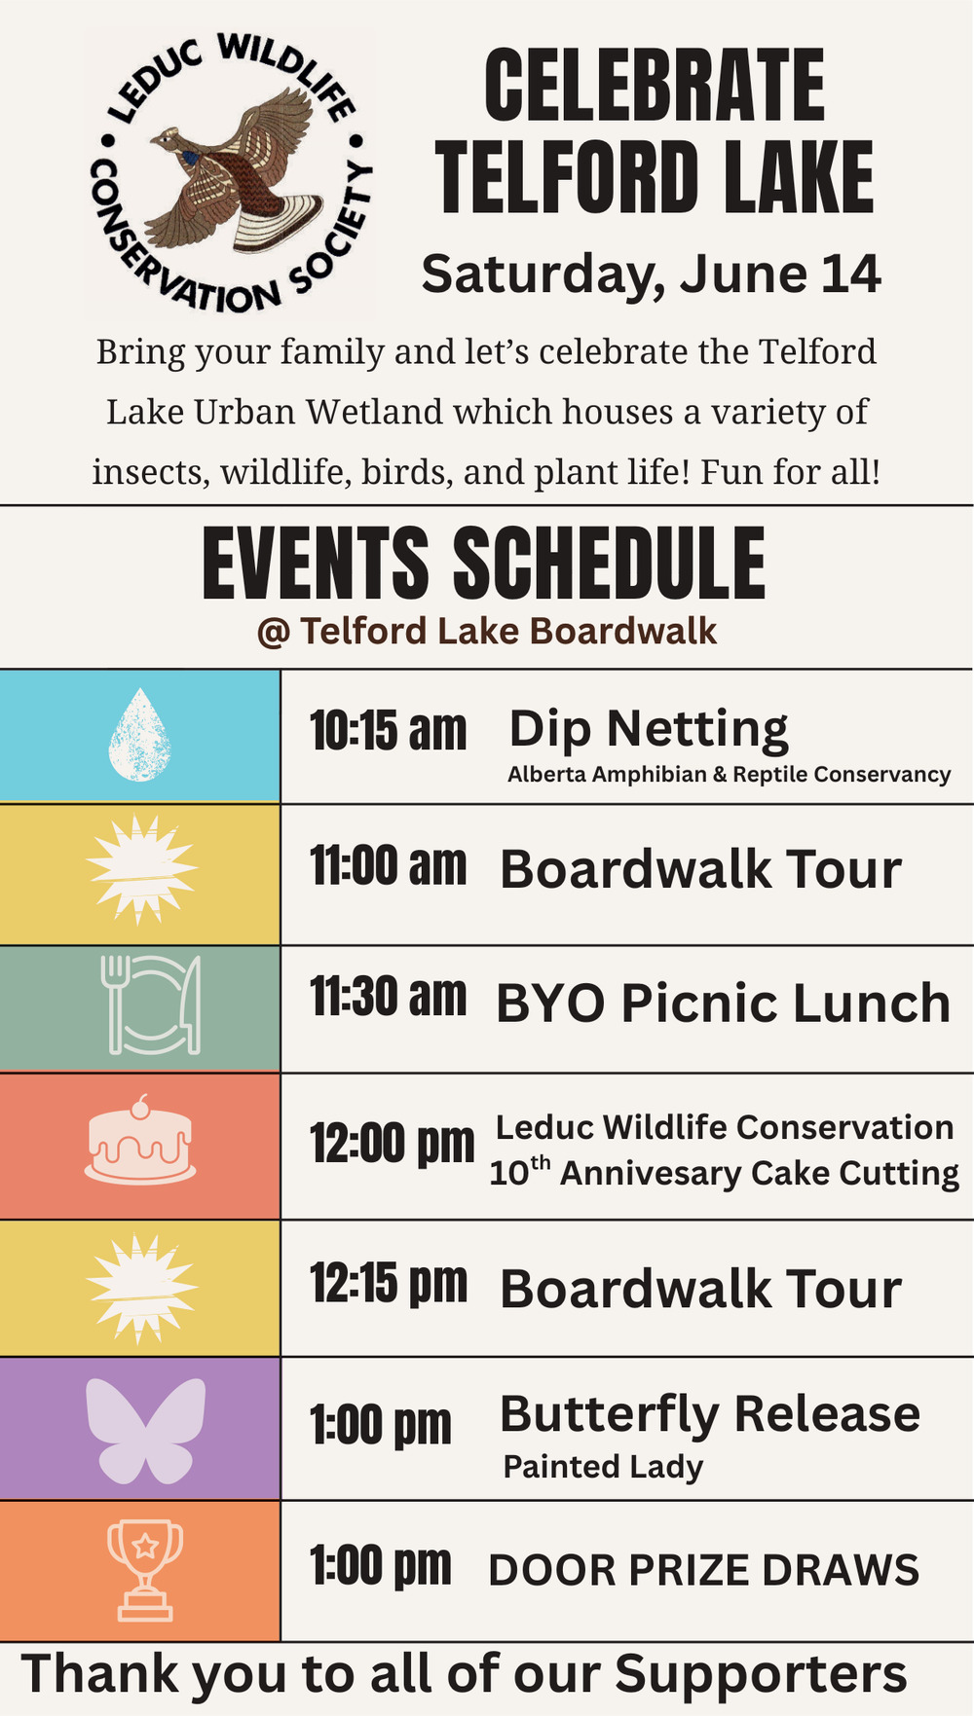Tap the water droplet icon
[x=140, y=735]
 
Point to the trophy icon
[x=145, y=1570]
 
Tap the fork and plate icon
[x=151, y=1004]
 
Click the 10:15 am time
[x=389, y=731]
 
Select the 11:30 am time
[x=389, y=998]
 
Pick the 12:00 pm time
[x=393, y=1145]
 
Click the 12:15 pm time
[x=389, y=1284]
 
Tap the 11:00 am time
[x=389, y=865]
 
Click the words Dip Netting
[x=649, y=730]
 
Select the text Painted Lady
[x=603, y=1467]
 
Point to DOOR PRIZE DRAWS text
[x=704, y=1570]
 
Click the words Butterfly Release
[x=710, y=1415]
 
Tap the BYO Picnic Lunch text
[x=724, y=1004]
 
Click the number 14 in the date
[x=851, y=274]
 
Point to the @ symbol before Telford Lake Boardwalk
[x=274, y=633]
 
